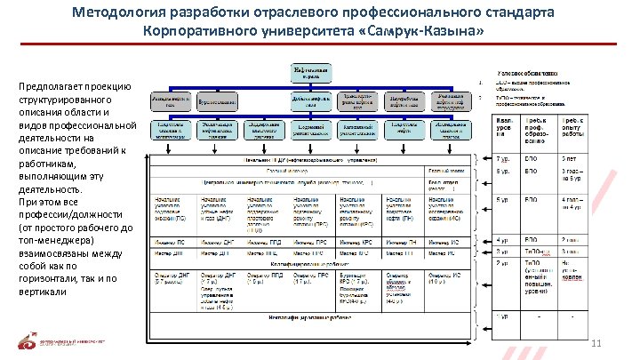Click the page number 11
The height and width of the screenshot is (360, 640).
coord(596,343)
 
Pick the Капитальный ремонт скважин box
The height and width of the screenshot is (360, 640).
coord(358,128)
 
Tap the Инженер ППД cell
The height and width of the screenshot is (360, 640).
coord(262,241)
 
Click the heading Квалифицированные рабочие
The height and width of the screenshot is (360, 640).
coord(309,264)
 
